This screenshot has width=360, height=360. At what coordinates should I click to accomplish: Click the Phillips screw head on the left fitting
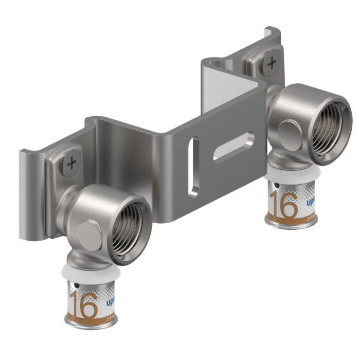[x=71, y=163]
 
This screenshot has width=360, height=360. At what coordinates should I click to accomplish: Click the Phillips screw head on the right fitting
[x=271, y=64]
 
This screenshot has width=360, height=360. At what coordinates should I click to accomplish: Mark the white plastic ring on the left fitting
[x=91, y=275]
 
